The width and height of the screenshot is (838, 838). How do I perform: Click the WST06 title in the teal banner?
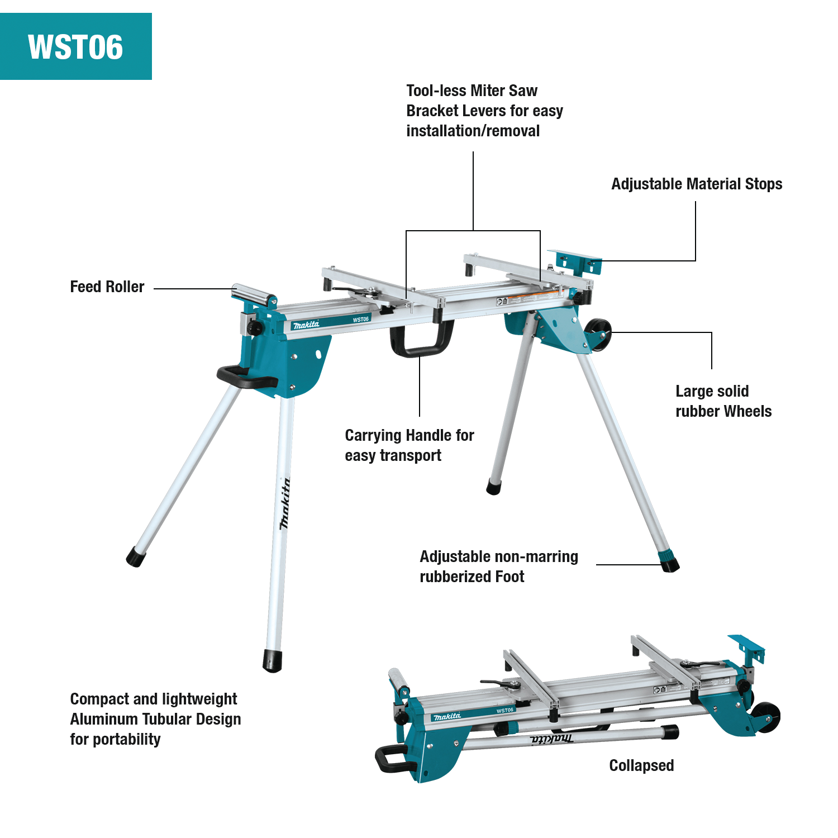(75, 47)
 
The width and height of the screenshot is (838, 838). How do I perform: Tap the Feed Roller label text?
(107, 287)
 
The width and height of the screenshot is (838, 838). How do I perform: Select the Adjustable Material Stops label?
(696, 184)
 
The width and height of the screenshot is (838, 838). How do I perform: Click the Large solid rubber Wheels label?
(723, 401)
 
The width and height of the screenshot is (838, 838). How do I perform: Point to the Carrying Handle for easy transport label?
(409, 445)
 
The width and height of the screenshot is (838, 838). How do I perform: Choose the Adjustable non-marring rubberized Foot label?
(498, 566)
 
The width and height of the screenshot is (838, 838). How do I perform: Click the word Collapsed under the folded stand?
(641, 765)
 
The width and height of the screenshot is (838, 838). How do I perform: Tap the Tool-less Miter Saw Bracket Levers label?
(484, 111)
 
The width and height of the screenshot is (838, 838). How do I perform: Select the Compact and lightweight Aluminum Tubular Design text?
(155, 719)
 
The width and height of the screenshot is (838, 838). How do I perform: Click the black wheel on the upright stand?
(597, 335)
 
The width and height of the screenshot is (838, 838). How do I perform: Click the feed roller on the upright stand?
(253, 293)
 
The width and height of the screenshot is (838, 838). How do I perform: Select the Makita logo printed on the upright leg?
(285, 503)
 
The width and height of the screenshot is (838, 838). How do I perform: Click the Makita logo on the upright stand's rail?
(306, 325)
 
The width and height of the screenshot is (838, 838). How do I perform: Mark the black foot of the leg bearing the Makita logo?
(273, 661)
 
